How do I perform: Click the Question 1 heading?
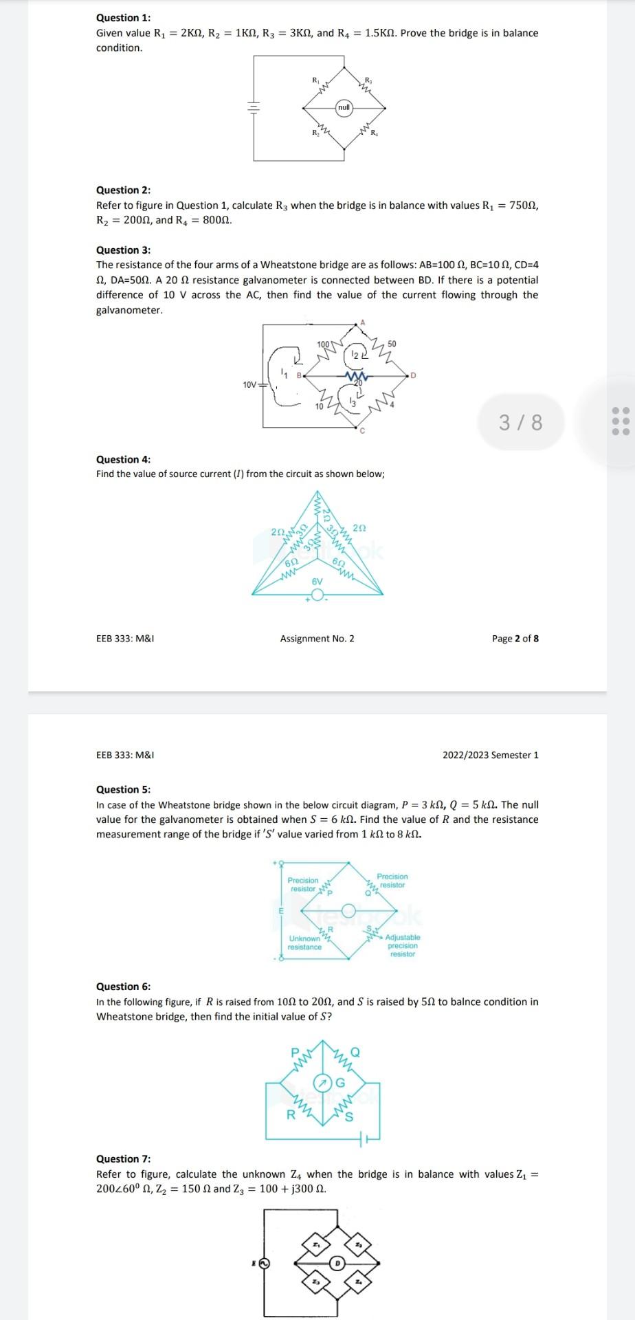pyautogui.click(x=123, y=18)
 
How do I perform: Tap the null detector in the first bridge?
pyautogui.click(x=344, y=107)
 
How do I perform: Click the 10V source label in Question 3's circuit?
pyautogui.click(x=249, y=384)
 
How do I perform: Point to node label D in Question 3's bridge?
pyautogui.click(x=413, y=375)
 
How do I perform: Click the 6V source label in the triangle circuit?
pyautogui.click(x=317, y=582)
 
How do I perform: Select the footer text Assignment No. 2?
pyautogui.click(x=317, y=639)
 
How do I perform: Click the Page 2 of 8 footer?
pyautogui.click(x=515, y=639)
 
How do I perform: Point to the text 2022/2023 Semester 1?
pyautogui.click(x=490, y=755)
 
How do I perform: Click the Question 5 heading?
pyautogui.click(x=123, y=789)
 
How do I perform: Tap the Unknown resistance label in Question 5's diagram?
pyautogui.click(x=304, y=943)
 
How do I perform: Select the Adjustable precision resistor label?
pyautogui.click(x=403, y=945)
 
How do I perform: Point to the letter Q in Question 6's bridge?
pyautogui.click(x=355, y=1053)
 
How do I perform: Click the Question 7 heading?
pyautogui.click(x=123, y=1158)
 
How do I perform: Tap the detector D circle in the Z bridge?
pyautogui.click(x=337, y=1263)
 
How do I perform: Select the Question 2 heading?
pyautogui.click(x=123, y=190)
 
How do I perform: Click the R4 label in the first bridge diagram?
pyautogui.click(x=374, y=133)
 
